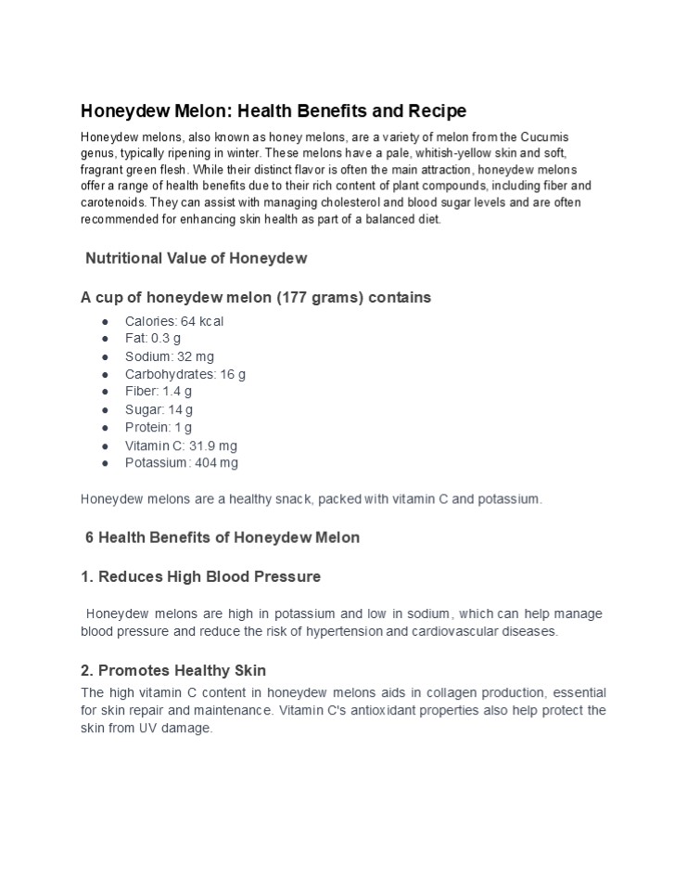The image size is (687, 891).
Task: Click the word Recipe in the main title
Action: click(435, 111)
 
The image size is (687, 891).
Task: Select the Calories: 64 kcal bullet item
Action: click(174, 321)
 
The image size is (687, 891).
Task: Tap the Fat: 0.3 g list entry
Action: click(153, 339)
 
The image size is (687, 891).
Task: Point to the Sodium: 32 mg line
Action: click(170, 356)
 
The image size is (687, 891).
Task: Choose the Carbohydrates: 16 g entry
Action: click(185, 374)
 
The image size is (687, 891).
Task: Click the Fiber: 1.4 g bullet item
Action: click(159, 392)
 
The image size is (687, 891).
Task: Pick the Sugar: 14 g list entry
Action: click(159, 409)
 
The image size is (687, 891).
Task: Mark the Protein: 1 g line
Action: click(159, 427)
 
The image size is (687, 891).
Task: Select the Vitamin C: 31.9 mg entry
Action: click(181, 445)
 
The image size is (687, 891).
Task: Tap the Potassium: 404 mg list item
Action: click(182, 463)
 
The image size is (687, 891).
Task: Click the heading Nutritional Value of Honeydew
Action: click(196, 258)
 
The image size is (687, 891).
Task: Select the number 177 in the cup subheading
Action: click(292, 298)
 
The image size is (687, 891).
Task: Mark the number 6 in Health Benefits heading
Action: click(90, 537)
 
